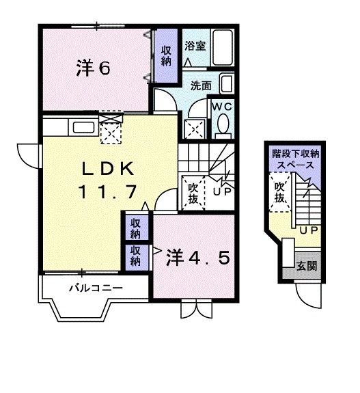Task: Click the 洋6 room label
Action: click(x=94, y=68)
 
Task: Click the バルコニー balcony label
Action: click(x=95, y=288)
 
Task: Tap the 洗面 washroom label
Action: click(x=200, y=87)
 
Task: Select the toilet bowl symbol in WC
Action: click(x=223, y=125)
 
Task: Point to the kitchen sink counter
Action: click(x=83, y=127)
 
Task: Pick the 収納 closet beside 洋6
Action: click(x=166, y=55)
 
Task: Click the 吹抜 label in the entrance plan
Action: click(x=279, y=191)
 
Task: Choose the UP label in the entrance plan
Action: click(x=307, y=230)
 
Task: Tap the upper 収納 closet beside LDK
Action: click(x=137, y=228)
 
